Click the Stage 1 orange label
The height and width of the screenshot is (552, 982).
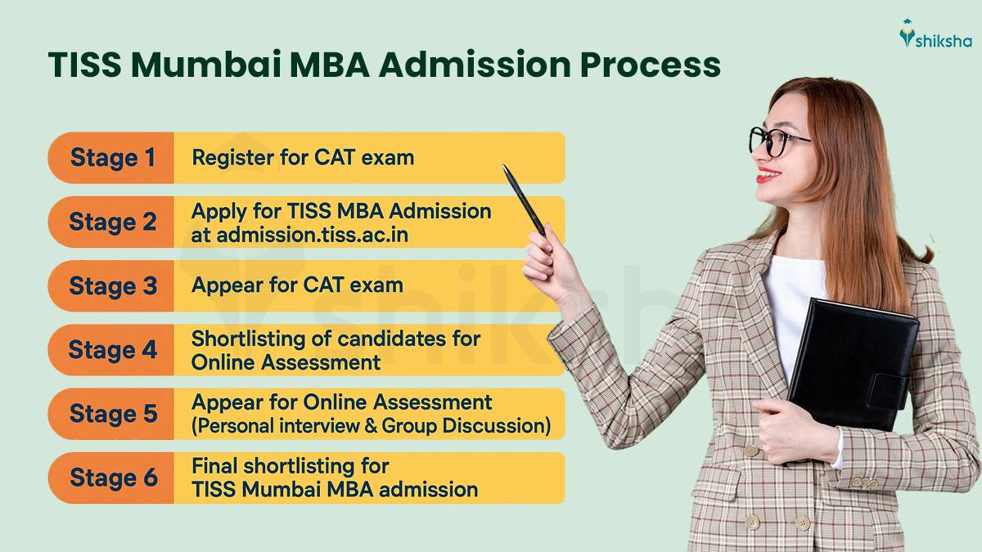click(111, 158)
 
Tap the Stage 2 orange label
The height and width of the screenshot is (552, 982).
click(111, 222)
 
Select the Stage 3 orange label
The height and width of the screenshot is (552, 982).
click(111, 286)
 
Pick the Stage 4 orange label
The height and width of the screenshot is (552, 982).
click(111, 350)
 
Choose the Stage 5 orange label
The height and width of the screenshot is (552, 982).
click(111, 414)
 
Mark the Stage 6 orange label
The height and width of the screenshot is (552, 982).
click(111, 478)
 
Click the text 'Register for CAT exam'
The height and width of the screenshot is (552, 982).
click(303, 157)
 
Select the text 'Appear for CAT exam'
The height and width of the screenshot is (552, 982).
click(297, 285)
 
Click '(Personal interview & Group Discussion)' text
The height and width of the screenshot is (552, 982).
click(371, 426)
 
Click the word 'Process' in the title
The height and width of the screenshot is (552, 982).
click(651, 65)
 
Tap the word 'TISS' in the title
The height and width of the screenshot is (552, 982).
click(86, 65)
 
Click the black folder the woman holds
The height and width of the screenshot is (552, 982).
click(851, 360)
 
